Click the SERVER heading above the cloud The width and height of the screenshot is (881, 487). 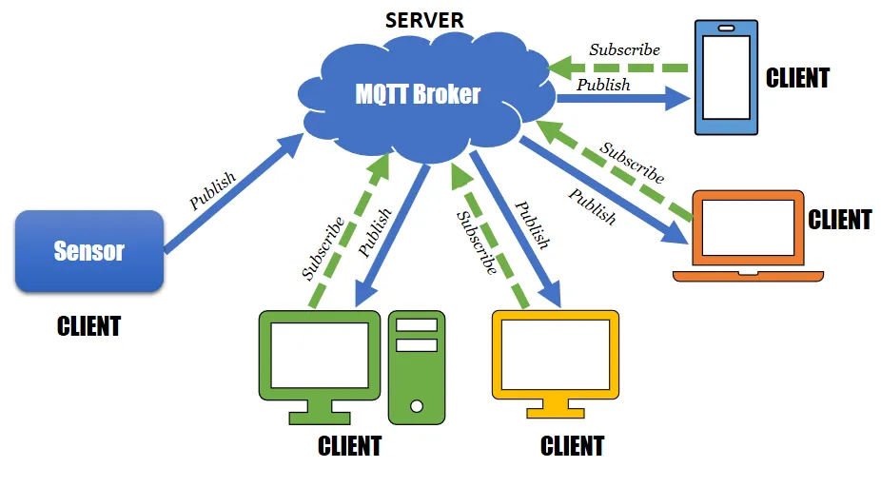tap(424, 20)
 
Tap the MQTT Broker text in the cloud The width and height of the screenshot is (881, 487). tap(418, 95)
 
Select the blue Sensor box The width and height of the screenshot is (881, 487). tap(89, 251)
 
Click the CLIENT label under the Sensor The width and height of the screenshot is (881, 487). tap(89, 326)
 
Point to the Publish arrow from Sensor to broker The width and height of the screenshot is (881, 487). tap(233, 195)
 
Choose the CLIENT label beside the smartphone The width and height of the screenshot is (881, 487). tap(797, 78)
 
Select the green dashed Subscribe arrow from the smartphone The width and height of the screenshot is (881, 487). tap(618, 68)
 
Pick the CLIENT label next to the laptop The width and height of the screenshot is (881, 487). tap(839, 221)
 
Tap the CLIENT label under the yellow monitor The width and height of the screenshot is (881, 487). tap(572, 446)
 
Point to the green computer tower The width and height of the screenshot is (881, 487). tap(417, 366)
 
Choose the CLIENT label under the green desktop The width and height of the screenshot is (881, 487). tap(349, 446)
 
